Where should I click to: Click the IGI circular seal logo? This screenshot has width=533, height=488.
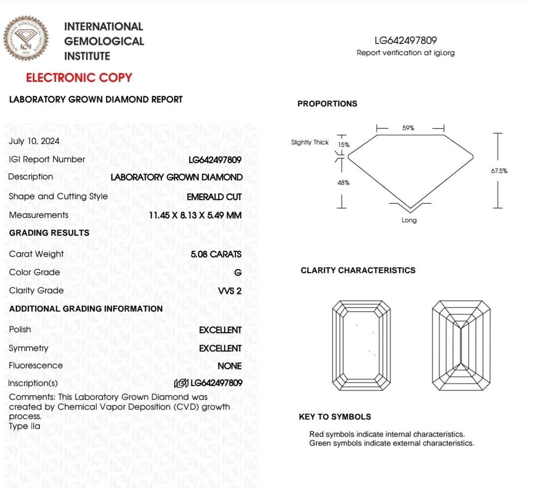click(x=26, y=38)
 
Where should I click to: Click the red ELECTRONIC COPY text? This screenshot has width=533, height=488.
click(x=79, y=78)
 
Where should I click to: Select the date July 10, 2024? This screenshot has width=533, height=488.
click(x=34, y=141)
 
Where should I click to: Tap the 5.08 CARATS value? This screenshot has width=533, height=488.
click(x=216, y=254)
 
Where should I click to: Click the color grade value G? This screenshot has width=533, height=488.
click(x=238, y=273)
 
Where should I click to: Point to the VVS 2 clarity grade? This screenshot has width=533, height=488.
click(x=229, y=291)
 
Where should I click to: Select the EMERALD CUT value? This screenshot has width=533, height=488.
click(x=214, y=197)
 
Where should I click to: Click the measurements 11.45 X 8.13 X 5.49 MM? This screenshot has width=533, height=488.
click(x=195, y=215)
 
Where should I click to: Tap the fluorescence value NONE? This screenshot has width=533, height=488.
click(x=229, y=366)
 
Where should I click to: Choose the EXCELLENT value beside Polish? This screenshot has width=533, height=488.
click(x=220, y=330)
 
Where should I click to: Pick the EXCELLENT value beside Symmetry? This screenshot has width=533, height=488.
click(x=220, y=349)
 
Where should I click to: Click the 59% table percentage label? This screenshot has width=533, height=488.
click(x=408, y=128)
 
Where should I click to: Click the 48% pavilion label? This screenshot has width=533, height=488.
click(x=343, y=183)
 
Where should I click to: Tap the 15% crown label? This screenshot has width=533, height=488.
click(x=343, y=145)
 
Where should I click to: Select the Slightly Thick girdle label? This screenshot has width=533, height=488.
click(x=309, y=142)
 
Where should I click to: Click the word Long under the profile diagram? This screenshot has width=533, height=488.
click(x=409, y=220)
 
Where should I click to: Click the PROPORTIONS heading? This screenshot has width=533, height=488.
click(x=327, y=104)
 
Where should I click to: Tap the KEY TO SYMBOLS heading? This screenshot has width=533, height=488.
click(x=335, y=417)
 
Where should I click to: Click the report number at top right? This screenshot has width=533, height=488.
click(x=406, y=40)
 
